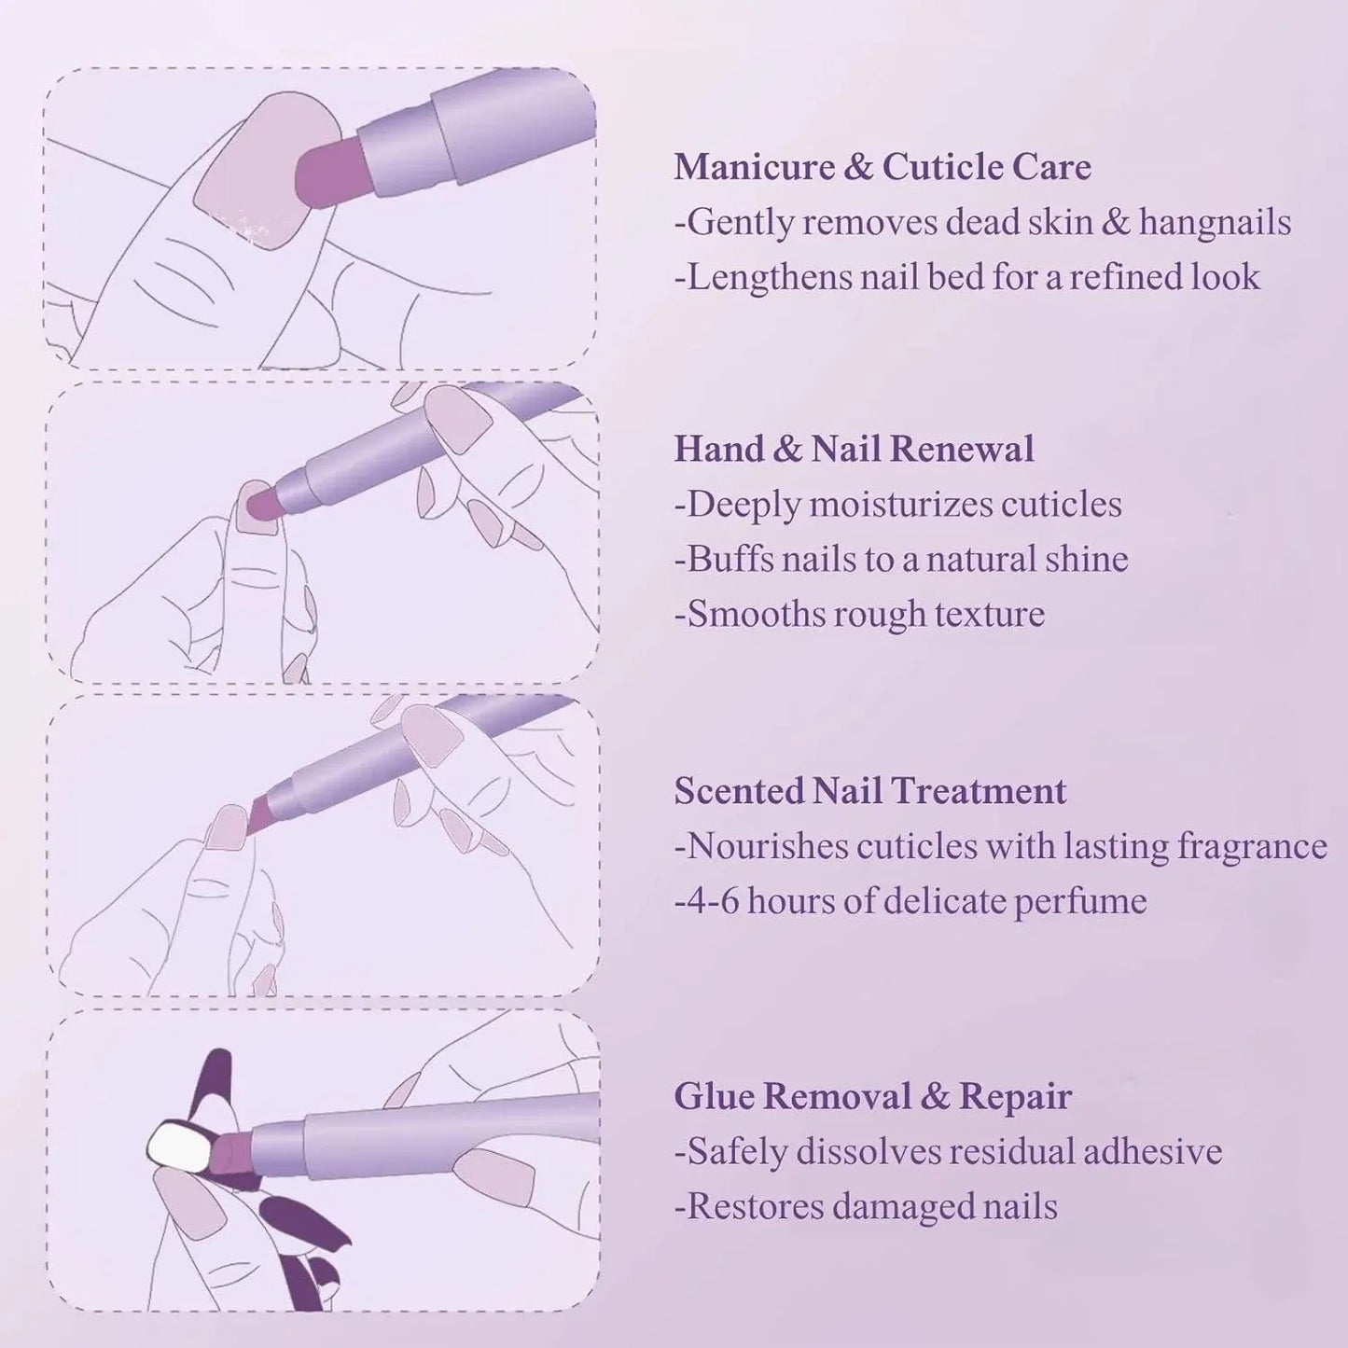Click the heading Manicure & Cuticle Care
pyautogui.click(x=882, y=168)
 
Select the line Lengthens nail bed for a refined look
pyautogui.click(x=966, y=278)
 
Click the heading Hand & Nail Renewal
pyautogui.click(x=854, y=450)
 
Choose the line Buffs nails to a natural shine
pyautogui.click(x=901, y=560)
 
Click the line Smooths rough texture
pyautogui.click(x=859, y=615)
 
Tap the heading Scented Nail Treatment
pyautogui.click(x=869, y=791)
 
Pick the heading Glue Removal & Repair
pyautogui.click(x=872, y=1096)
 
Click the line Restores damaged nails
pyautogui.click(x=866, y=1207)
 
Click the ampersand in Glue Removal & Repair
pyautogui.click(x=935, y=1096)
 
